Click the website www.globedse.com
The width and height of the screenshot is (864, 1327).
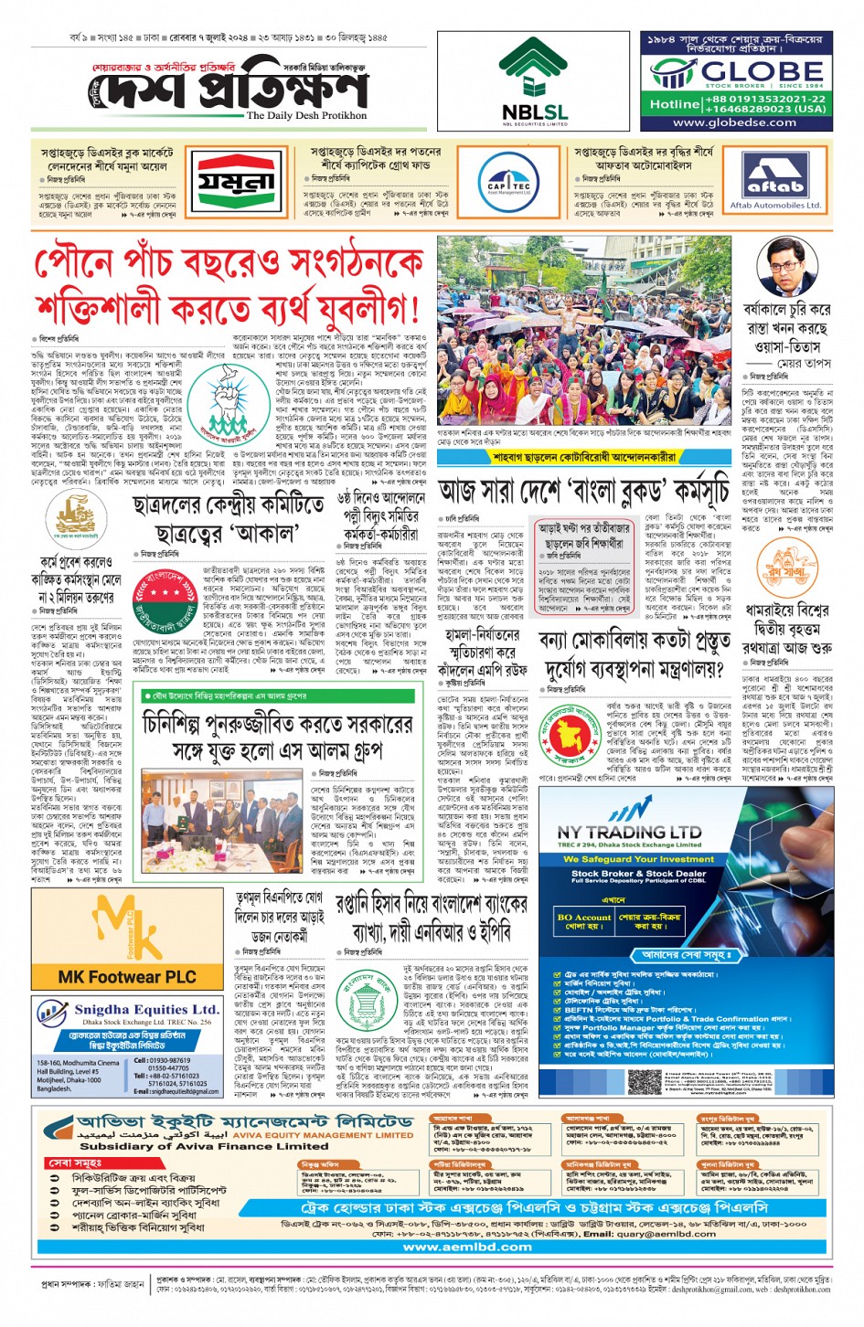734,122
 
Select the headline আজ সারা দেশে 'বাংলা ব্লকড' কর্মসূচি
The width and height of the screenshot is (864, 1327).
582,492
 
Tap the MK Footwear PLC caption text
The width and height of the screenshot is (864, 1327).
127,977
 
